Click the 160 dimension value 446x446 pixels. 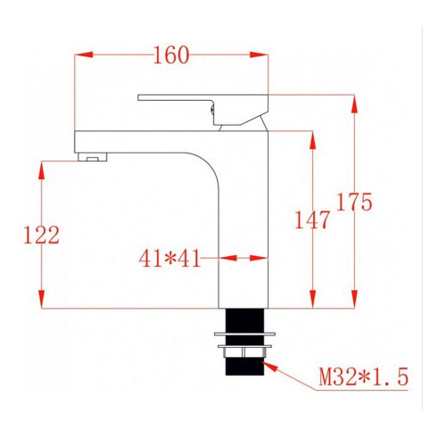(x=170, y=55)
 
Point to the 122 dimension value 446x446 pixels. (x=41, y=235)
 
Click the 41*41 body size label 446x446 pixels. (x=169, y=259)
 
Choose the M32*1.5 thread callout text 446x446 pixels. (x=363, y=377)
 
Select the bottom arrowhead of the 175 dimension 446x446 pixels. (x=355, y=299)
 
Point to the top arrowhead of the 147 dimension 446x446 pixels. (x=312, y=139)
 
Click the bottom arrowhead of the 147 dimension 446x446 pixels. (x=312, y=299)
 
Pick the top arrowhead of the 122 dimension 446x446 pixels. (x=41, y=169)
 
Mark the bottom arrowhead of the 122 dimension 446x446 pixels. (x=41, y=299)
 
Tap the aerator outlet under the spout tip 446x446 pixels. (x=92, y=159)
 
